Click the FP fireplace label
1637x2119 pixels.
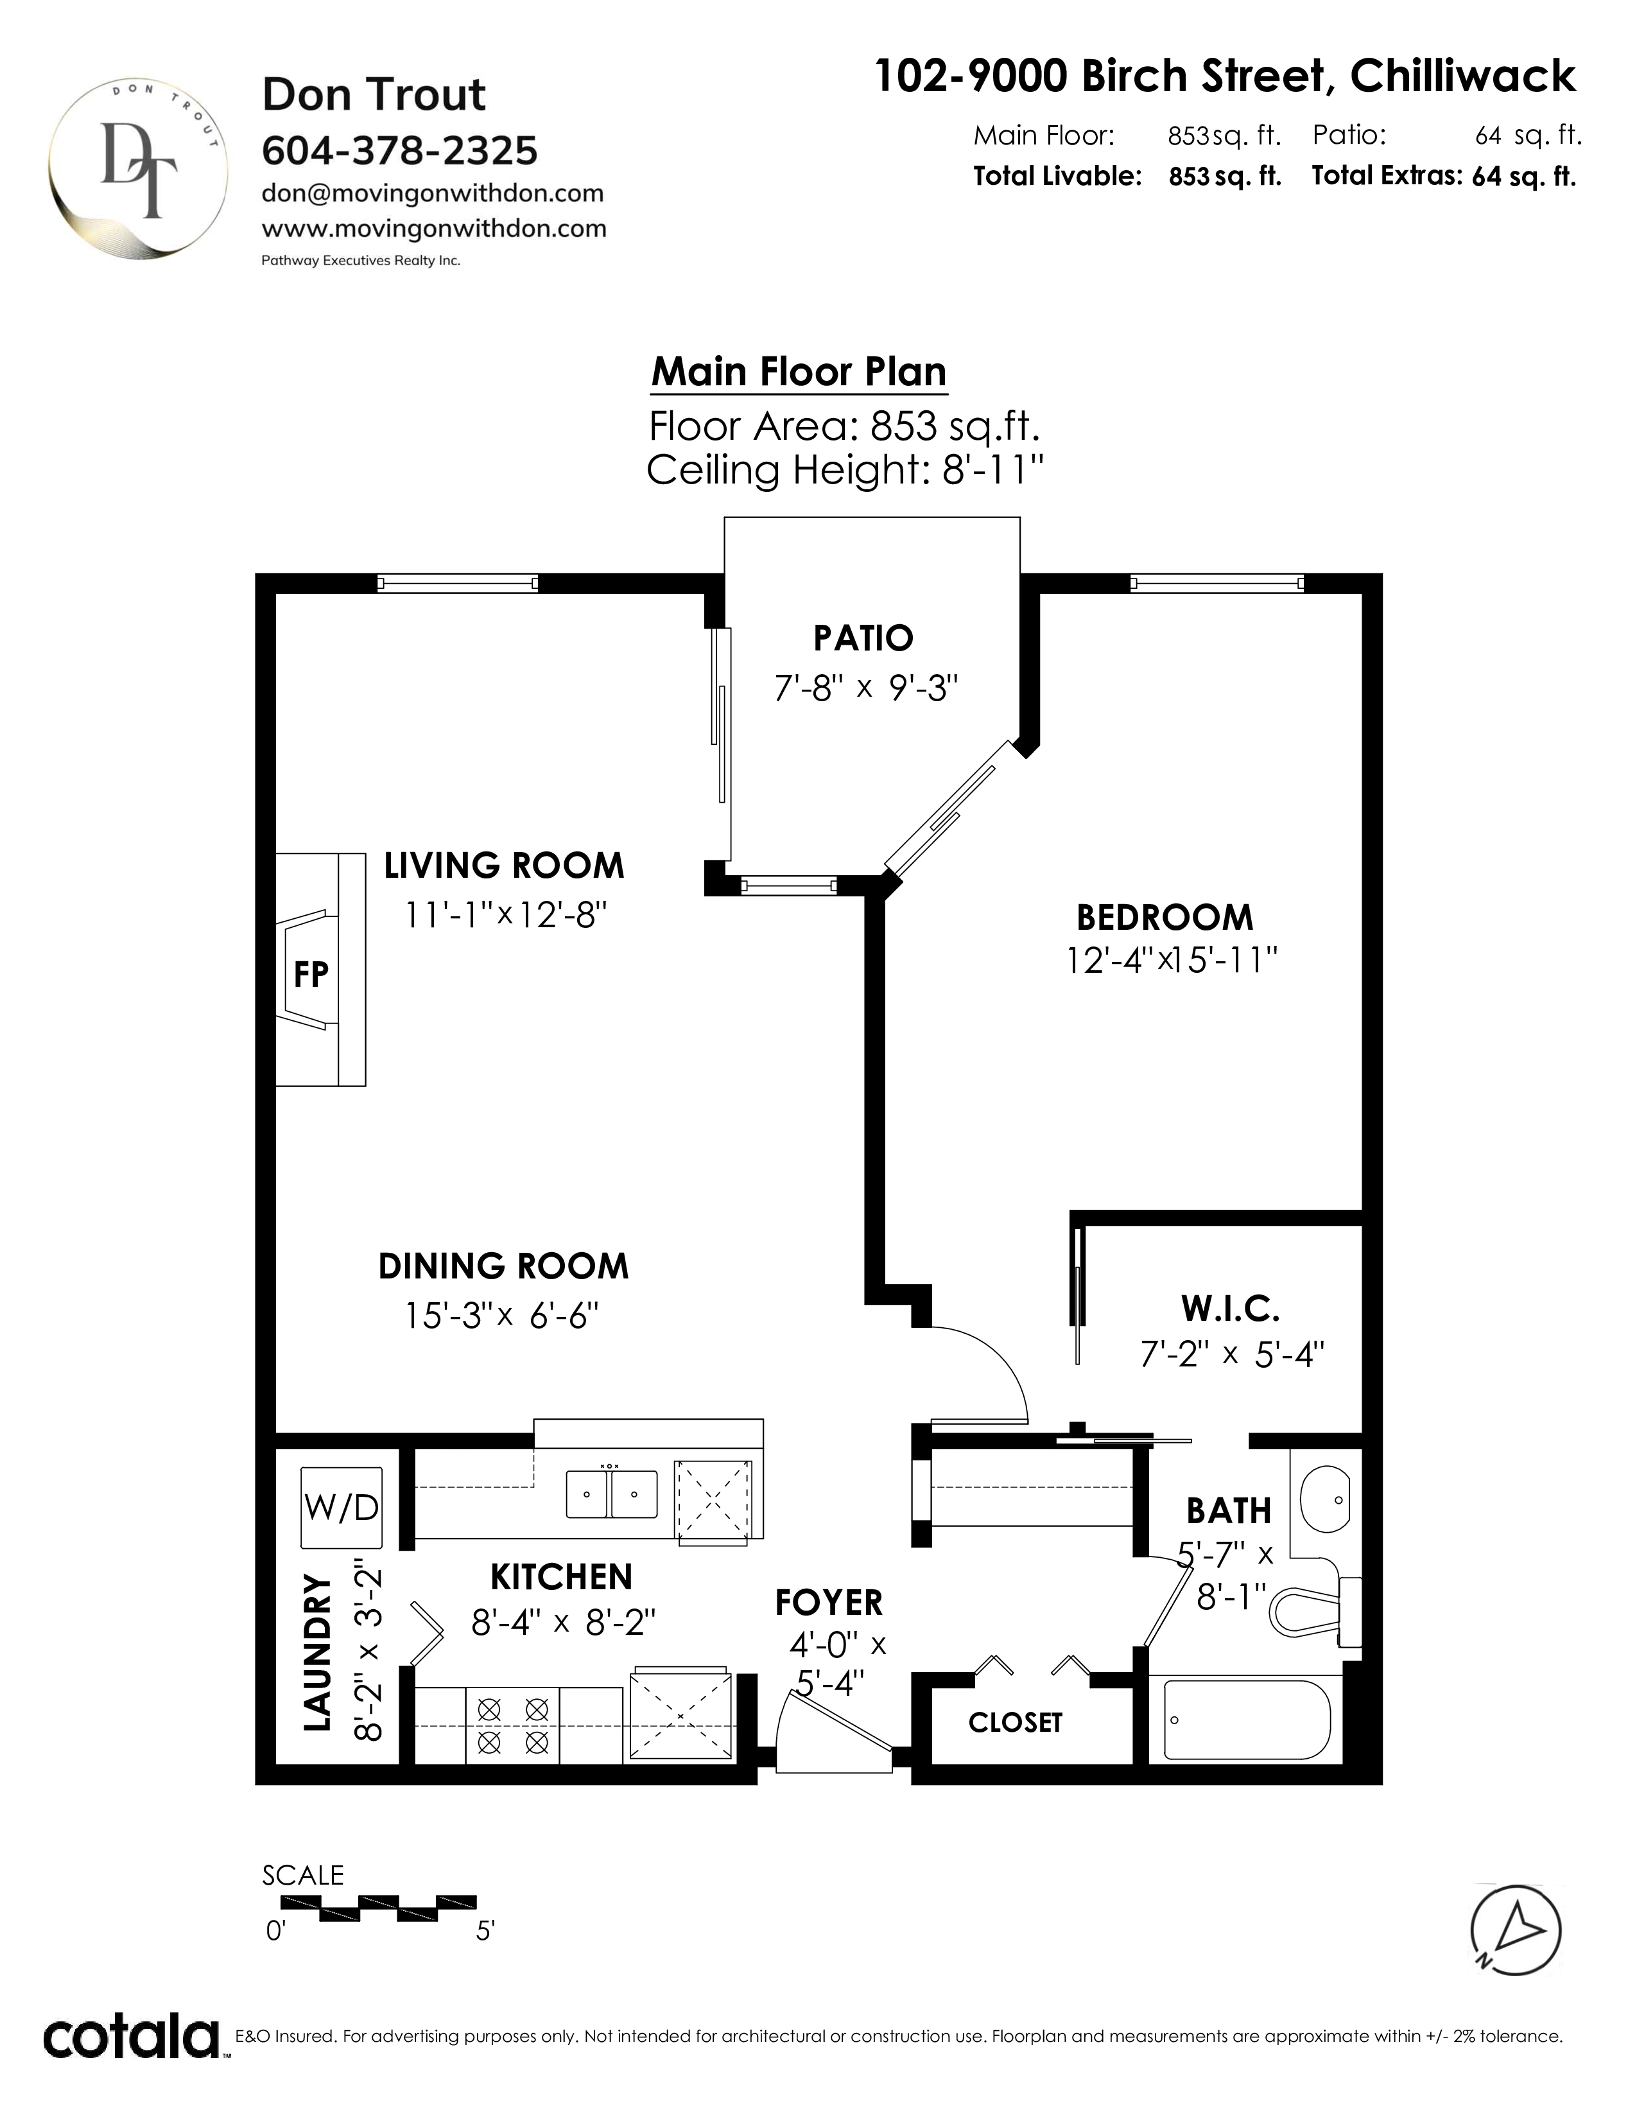click(311, 973)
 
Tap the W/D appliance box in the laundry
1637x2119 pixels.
click(342, 1508)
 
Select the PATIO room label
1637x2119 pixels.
click(863, 638)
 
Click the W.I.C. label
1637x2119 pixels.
click(1231, 1309)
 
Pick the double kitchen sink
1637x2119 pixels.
click(611, 1494)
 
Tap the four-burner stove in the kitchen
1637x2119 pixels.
click(513, 1725)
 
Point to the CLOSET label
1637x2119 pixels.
click(1016, 1722)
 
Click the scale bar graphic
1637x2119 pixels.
click(378, 1906)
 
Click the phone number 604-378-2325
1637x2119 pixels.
click(399, 150)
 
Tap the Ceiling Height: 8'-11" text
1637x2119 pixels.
click(845, 471)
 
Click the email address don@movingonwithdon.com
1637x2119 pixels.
click(433, 193)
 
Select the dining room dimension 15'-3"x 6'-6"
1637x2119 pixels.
click(501, 1316)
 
